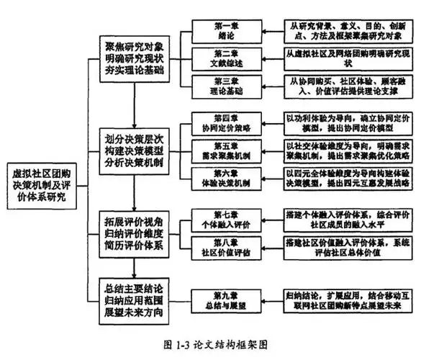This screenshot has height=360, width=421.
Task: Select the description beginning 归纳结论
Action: coord(344,300)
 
